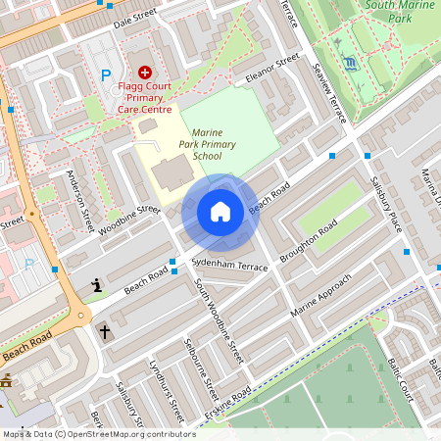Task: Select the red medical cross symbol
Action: (145, 72)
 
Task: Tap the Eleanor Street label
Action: (271, 70)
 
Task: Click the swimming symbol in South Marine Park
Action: (351, 65)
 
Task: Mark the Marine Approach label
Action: (326, 298)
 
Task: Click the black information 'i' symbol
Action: (97, 286)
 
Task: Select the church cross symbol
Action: (104, 332)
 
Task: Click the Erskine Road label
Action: (227, 406)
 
